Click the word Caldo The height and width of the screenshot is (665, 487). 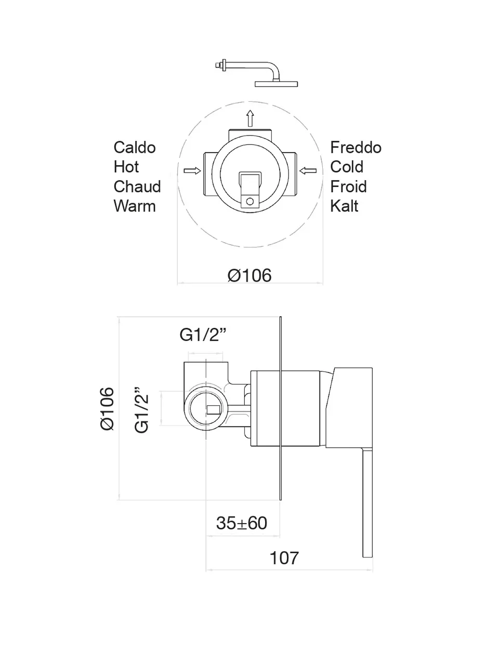pos(134,148)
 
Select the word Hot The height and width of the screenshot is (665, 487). pos(126,167)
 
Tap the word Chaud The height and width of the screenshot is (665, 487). pos(137,187)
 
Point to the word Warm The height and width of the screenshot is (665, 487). pos(134,206)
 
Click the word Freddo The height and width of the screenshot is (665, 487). pos(356,148)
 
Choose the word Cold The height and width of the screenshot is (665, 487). pos(346,167)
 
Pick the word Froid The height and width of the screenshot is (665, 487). pos(348,187)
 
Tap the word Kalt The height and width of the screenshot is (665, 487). pos(344,206)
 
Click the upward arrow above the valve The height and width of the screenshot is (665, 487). pos(250,118)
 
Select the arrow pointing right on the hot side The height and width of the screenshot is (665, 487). pos(192,170)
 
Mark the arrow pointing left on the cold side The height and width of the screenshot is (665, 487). pos(308,170)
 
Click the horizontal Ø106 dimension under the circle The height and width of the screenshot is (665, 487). pos(249,275)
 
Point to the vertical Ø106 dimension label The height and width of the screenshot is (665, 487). pos(107,408)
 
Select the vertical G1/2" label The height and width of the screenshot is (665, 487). pos(142,410)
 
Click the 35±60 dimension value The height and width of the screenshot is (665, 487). pos(242,523)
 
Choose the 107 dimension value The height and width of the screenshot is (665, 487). pos(284,558)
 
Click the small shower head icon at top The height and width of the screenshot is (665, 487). pos(257,73)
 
